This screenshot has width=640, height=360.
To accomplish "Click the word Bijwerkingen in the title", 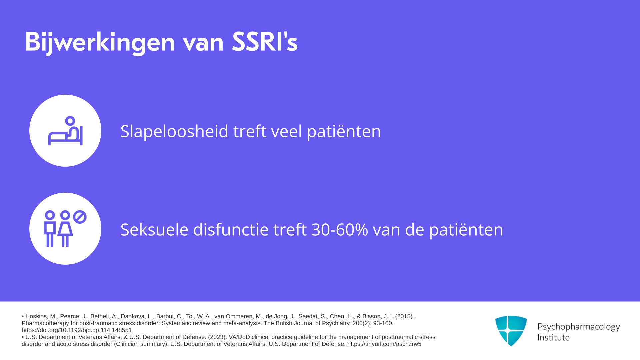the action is [100, 42].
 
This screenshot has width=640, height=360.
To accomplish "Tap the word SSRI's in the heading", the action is [265, 42].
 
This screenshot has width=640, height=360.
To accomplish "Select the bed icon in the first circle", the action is [65, 131].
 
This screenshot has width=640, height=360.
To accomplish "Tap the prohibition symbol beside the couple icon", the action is [80, 217].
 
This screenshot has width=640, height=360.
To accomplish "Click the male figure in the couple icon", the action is [50, 229].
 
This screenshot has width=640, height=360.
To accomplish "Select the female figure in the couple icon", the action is [65, 229].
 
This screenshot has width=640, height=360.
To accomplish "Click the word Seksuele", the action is [154, 230].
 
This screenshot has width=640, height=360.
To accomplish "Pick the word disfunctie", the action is [231, 230].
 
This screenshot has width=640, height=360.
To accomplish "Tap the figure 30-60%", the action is [340, 230].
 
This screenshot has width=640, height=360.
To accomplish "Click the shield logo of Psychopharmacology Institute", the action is [511, 331].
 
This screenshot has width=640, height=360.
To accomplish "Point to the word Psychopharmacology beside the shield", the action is [579, 327].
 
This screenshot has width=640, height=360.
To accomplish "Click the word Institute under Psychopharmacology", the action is [553, 337].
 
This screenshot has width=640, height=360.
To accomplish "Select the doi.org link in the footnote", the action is [77, 330].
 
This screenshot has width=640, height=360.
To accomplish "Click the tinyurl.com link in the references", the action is [384, 344].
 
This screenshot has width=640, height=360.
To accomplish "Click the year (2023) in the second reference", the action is [218, 337].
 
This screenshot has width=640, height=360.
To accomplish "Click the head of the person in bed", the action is [70, 120].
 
